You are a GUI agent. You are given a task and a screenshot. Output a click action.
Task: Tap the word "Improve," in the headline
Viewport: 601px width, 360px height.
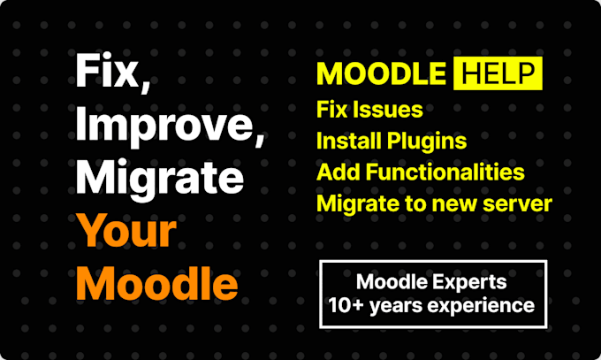(x=169, y=126)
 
